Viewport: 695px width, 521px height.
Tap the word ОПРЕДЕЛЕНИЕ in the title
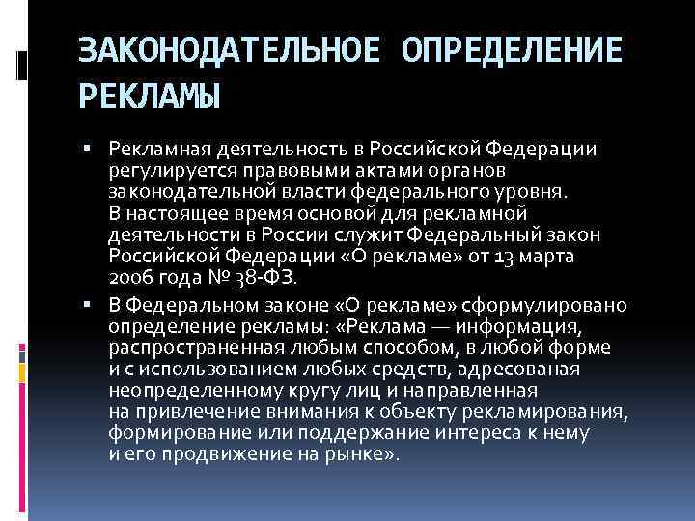tap(508, 49)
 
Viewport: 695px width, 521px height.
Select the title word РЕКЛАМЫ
tap(150, 96)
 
